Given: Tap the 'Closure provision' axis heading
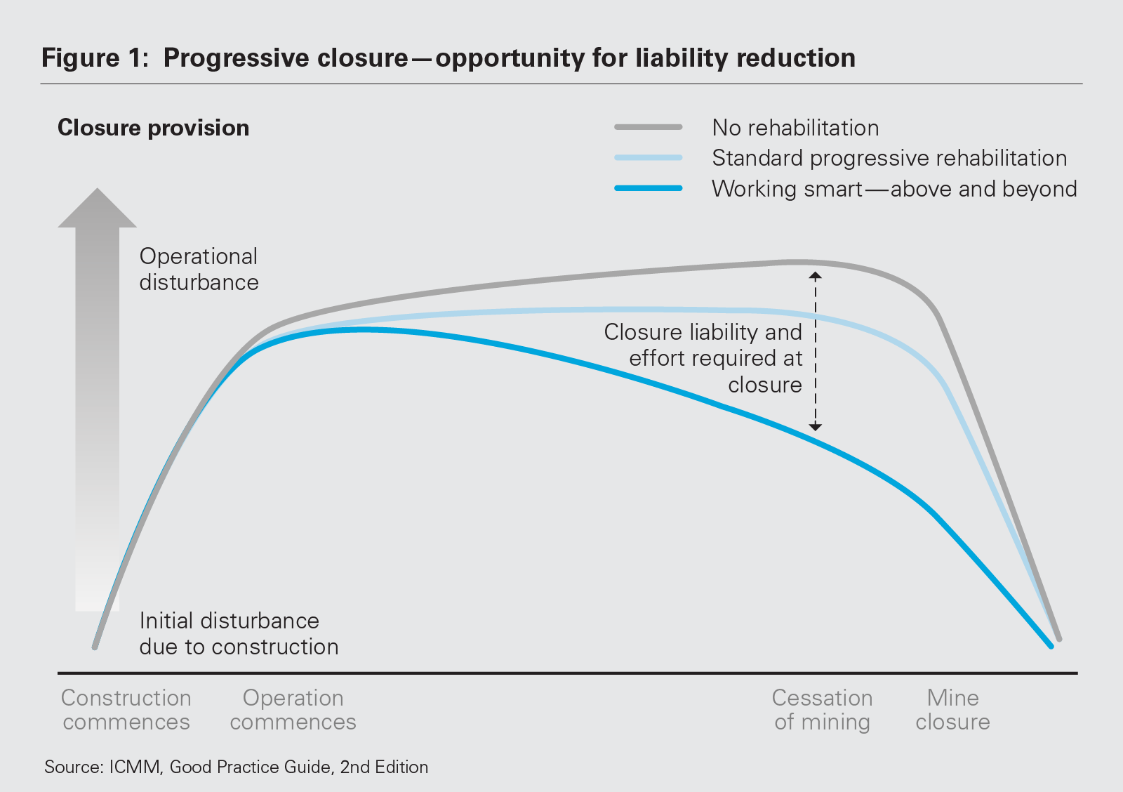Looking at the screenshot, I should pyautogui.click(x=153, y=128).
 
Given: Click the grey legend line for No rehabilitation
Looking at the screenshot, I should pyautogui.click(x=648, y=127).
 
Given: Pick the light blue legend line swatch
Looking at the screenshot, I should pyautogui.click(x=648, y=158).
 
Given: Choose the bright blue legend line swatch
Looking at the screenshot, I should pyautogui.click(x=648, y=188).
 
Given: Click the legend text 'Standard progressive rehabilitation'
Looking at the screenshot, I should pyautogui.click(x=889, y=158).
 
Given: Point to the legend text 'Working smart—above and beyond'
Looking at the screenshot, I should pyautogui.click(x=893, y=189).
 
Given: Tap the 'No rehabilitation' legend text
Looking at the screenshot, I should pyautogui.click(x=795, y=128).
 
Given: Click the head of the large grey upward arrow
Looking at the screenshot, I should pyautogui.click(x=97, y=209).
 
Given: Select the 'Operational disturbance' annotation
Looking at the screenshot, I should pyautogui.click(x=199, y=269).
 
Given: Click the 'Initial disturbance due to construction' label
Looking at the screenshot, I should pyautogui.click(x=238, y=633).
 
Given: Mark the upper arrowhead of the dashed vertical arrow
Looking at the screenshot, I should pyautogui.click(x=815, y=276).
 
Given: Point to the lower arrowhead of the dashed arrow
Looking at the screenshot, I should pyautogui.click(x=815, y=426).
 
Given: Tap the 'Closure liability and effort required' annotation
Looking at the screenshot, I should pyautogui.click(x=703, y=358).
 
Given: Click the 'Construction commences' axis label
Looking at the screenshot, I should pyautogui.click(x=126, y=710).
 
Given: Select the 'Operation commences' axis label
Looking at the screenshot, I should pyautogui.click(x=293, y=710).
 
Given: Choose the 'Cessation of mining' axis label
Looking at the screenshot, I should pyautogui.click(x=822, y=710).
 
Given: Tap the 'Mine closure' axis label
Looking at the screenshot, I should pyautogui.click(x=952, y=710).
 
